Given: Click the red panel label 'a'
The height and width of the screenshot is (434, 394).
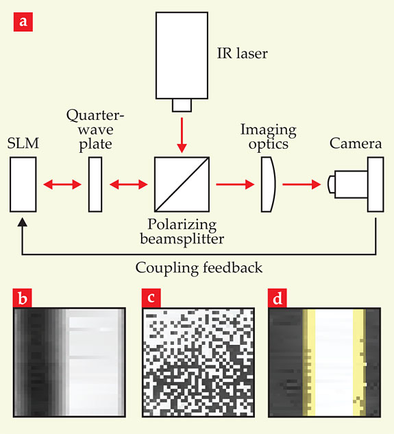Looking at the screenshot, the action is click(23, 22).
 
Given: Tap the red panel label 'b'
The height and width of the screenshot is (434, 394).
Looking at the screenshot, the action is click(23, 298).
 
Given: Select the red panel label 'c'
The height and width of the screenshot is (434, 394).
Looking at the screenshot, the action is click(151, 298).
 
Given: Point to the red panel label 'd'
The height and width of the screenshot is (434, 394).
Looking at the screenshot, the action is click(278, 298).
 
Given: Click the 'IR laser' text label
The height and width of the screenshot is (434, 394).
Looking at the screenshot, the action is click(243, 53).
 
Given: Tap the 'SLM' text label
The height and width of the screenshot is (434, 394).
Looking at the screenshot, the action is click(23, 143).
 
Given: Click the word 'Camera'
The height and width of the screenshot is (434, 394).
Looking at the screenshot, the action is click(356, 143).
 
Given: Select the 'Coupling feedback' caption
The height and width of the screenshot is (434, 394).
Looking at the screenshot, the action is click(199, 267).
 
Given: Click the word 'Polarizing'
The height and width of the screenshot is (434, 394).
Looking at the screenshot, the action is click(182, 224).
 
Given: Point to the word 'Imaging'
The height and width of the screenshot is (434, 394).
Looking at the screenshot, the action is click(269, 130).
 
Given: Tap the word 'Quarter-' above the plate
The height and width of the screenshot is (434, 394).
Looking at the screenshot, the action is click(95, 115).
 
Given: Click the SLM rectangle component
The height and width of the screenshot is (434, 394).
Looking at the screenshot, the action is click(23, 184).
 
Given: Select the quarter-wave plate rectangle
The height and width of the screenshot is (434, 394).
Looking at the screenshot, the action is click(95, 184).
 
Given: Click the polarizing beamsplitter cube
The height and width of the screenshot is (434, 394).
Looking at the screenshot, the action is click(182, 184).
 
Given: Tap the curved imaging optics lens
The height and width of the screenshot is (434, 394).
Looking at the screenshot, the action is click(268, 184).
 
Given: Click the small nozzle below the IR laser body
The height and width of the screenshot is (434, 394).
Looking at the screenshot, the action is click(182, 105).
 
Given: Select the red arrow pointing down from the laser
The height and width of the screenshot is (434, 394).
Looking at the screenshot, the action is click(182, 135).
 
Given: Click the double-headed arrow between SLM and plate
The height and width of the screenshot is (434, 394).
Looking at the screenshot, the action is click(62, 184).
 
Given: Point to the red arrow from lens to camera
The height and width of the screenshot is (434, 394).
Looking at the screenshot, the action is click(301, 184).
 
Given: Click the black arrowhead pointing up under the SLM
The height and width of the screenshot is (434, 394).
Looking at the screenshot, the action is click(23, 222).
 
